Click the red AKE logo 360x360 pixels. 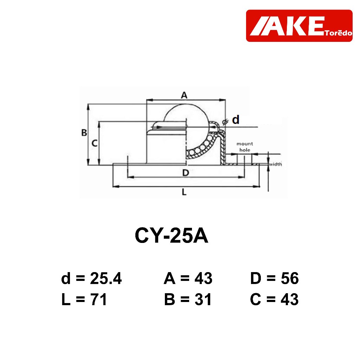[299, 26]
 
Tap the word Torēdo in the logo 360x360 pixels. [339, 33]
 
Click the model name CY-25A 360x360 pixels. [171, 236]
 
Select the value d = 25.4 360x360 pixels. [91, 278]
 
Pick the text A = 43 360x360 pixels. [188, 278]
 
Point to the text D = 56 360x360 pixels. [274, 278]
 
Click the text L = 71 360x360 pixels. [84, 300]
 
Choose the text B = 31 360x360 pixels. [188, 300]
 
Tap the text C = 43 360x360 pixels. [274, 300]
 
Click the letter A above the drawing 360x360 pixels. [184, 95]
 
